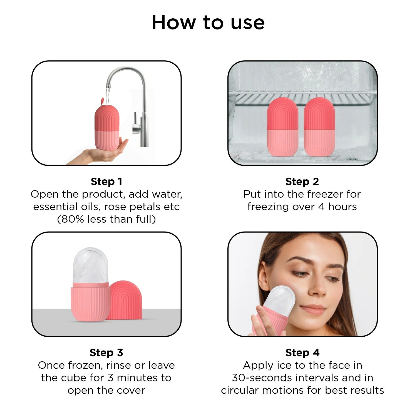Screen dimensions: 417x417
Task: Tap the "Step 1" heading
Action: tap(106, 182)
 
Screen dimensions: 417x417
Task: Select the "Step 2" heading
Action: tap(302, 182)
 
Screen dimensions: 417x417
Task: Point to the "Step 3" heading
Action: tap(106, 353)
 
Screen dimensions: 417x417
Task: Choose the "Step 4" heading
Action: tap(302, 353)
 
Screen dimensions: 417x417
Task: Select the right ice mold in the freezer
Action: tap(319, 127)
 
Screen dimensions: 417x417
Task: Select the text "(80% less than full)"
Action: tap(106, 219)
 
